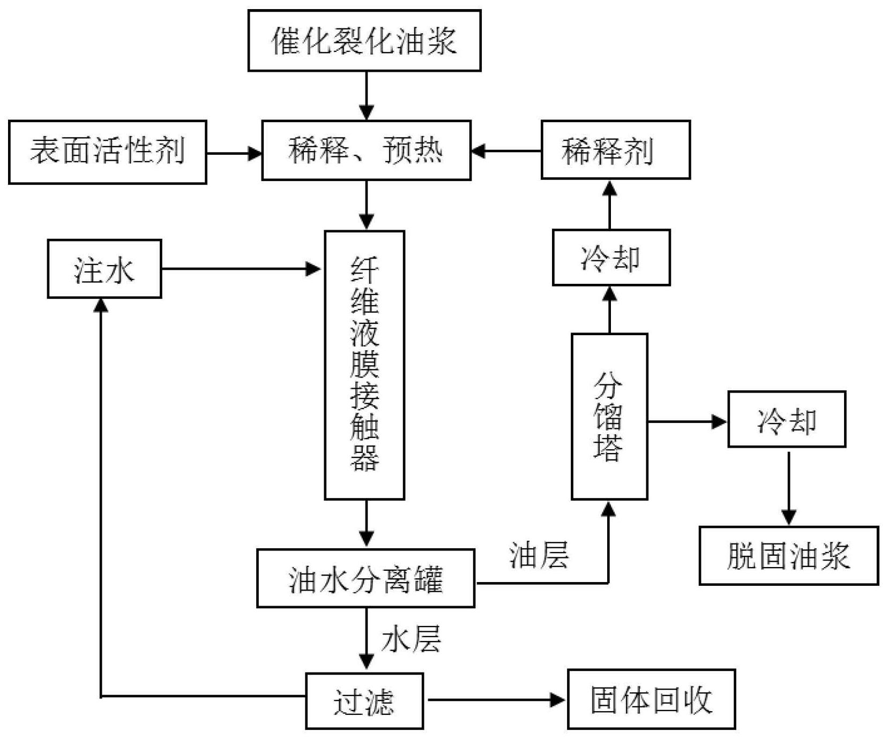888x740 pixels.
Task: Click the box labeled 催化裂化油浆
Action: [364, 41]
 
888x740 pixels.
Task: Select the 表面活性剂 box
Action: [107, 152]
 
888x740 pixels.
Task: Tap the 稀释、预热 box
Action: [366, 150]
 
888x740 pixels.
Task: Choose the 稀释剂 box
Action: [615, 150]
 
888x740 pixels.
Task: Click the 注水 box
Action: [105, 269]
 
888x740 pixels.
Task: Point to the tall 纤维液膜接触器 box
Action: [364, 365]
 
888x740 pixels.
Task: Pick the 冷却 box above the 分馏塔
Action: [611, 258]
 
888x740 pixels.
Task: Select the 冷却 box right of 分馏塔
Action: [786, 419]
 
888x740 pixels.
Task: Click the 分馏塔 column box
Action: [609, 417]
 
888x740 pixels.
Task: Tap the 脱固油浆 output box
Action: [788, 556]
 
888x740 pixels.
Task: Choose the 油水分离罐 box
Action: [365, 578]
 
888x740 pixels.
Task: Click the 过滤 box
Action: [364, 701]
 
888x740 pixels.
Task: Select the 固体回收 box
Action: [651, 699]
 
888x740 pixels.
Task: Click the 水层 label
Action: [411, 639]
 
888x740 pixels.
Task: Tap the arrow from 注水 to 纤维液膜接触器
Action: [241, 269]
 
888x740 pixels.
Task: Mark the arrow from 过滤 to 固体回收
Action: [496, 699]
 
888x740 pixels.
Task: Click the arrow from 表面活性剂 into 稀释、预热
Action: [234, 154]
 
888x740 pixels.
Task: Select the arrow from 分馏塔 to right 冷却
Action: [687, 422]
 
